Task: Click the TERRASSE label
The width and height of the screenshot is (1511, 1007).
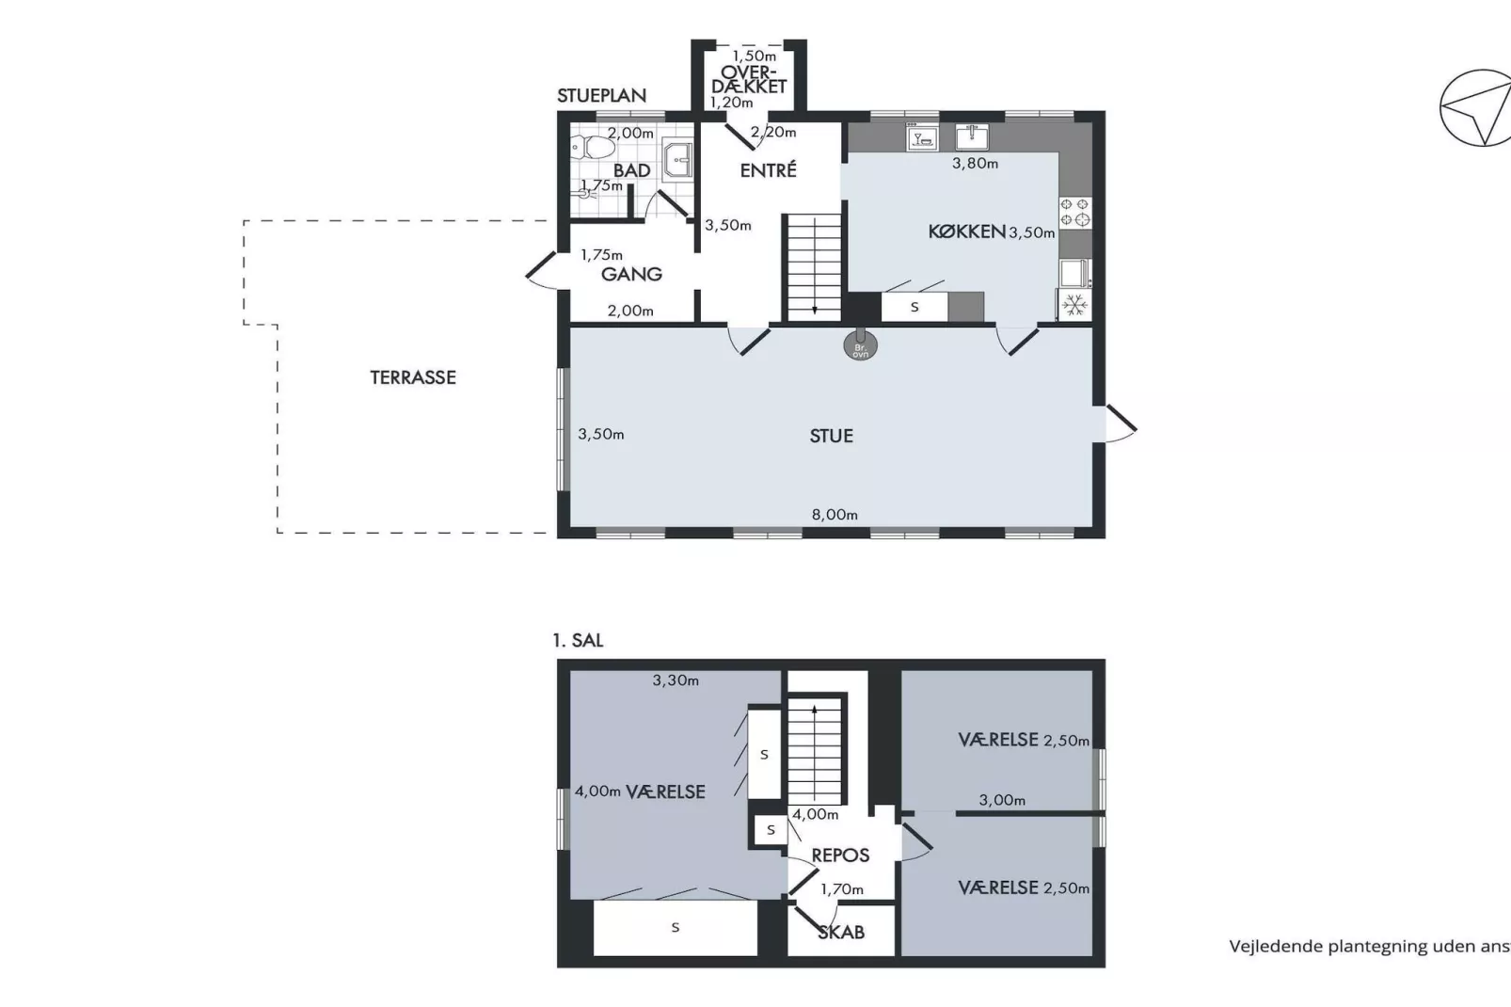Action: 412,377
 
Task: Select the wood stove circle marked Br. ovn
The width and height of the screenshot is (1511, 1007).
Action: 860,344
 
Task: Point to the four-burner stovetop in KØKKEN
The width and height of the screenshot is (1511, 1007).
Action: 1075,212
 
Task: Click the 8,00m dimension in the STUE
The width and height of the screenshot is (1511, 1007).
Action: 835,515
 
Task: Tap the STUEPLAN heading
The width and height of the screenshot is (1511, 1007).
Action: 601,95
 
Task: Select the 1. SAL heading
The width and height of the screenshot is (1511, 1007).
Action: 578,640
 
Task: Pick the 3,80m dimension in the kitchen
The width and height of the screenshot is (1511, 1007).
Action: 975,163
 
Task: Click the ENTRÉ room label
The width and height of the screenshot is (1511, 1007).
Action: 768,170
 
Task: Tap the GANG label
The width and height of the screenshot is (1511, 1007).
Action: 631,274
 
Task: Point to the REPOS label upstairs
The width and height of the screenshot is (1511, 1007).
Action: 840,855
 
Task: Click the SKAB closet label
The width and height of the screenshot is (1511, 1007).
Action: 840,932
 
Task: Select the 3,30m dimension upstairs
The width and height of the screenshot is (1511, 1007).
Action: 676,680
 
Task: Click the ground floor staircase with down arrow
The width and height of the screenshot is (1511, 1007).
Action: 813,267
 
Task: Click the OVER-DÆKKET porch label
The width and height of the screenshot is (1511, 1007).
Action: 749,79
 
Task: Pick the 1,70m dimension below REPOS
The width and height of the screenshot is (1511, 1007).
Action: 841,888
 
